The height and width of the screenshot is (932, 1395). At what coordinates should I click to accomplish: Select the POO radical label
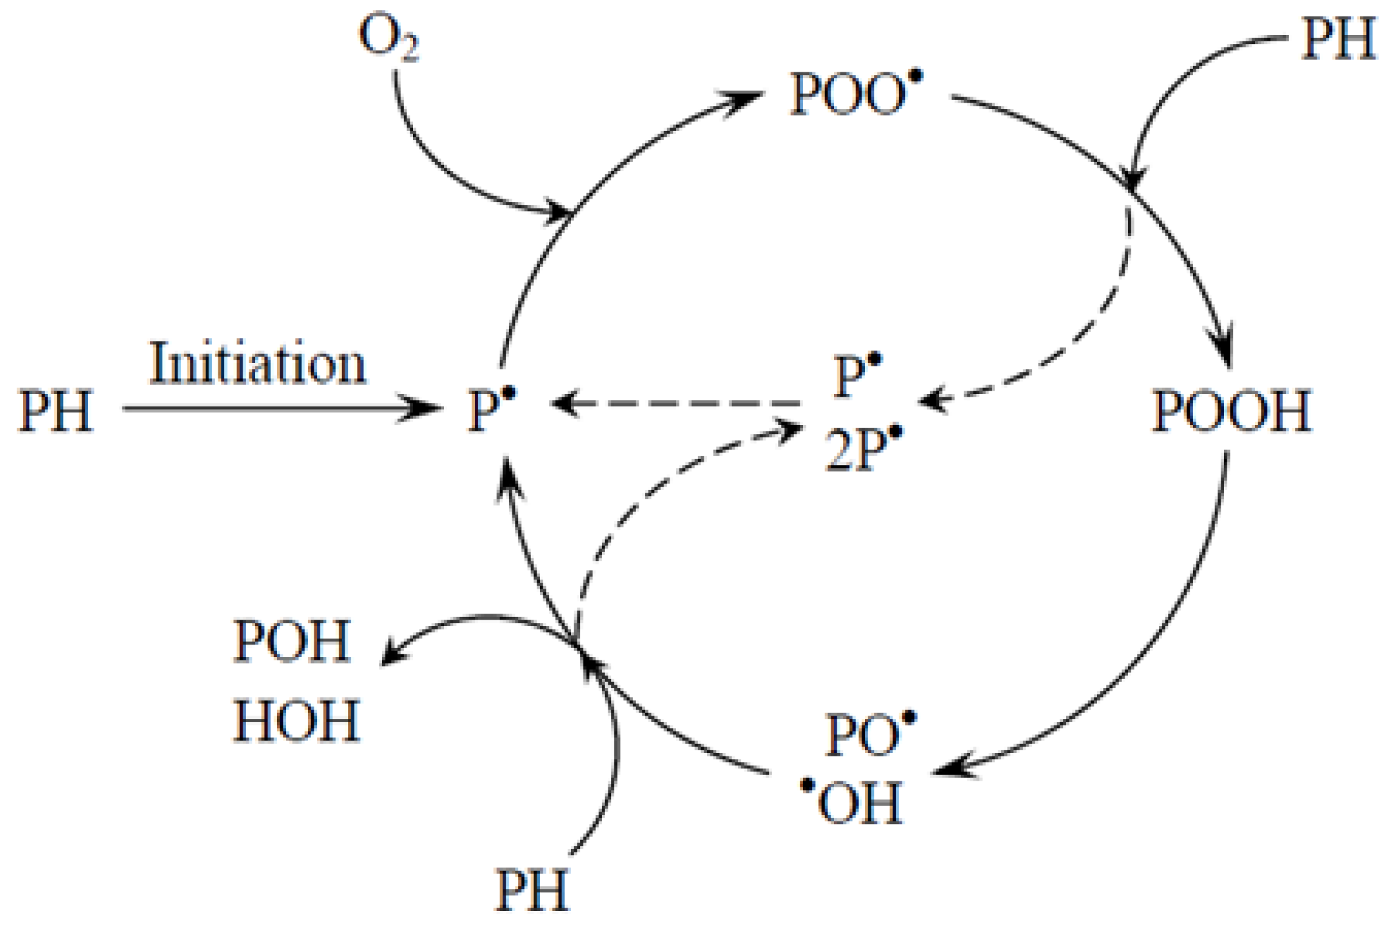coord(855,94)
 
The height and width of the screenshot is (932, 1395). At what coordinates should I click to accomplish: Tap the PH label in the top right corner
coord(1338,39)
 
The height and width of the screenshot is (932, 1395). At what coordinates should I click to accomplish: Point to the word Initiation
coord(257,364)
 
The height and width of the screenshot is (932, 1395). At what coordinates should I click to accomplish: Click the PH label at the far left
coord(56,411)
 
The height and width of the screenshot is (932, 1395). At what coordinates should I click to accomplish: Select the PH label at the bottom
coord(531,891)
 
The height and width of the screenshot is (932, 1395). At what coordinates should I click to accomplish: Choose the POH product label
coord(292,641)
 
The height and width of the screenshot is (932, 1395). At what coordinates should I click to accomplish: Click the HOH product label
coord(297,721)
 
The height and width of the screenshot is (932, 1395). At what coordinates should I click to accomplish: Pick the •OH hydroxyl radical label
coord(852,802)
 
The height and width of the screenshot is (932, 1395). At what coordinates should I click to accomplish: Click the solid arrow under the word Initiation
coord(276,408)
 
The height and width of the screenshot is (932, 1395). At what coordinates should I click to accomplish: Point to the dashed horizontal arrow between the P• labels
coord(677,403)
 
